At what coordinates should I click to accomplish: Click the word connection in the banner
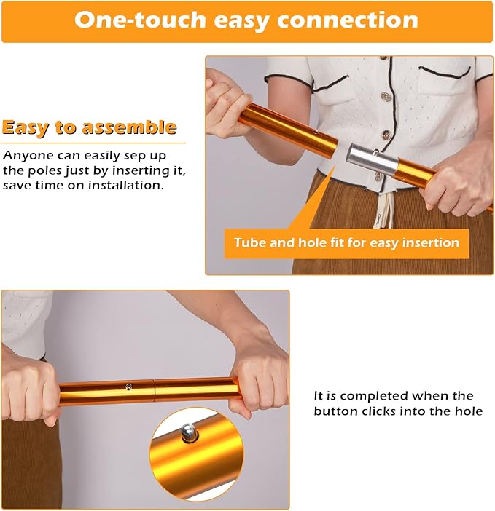348,20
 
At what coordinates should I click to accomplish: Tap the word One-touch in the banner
140,20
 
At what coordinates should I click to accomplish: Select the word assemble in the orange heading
129,127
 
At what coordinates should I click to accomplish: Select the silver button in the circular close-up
189,432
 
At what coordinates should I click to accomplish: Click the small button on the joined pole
129,387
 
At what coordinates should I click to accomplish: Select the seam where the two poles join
155,389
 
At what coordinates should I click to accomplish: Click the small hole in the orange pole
315,132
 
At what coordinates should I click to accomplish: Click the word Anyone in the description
28,156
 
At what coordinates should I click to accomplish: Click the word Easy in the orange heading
26,128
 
